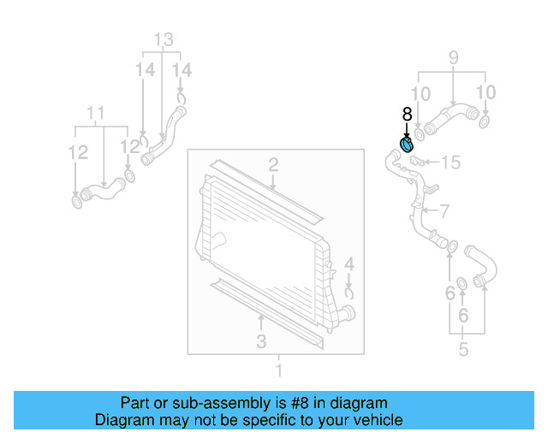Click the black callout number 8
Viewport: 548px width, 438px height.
[407, 113]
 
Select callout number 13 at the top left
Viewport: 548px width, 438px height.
[163, 38]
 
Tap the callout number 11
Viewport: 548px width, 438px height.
[96, 112]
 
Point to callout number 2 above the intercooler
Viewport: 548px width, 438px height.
[272, 164]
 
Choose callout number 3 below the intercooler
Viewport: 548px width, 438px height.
[261, 341]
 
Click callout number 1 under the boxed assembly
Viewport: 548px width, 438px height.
[278, 370]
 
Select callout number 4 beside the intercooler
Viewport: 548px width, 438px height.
[348, 263]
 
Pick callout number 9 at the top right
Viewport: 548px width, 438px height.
[453, 58]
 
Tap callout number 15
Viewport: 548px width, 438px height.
[450, 162]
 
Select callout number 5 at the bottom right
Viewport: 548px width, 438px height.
[463, 349]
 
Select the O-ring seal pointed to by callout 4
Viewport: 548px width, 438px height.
[349, 293]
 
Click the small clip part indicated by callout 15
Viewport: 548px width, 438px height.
[416, 159]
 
